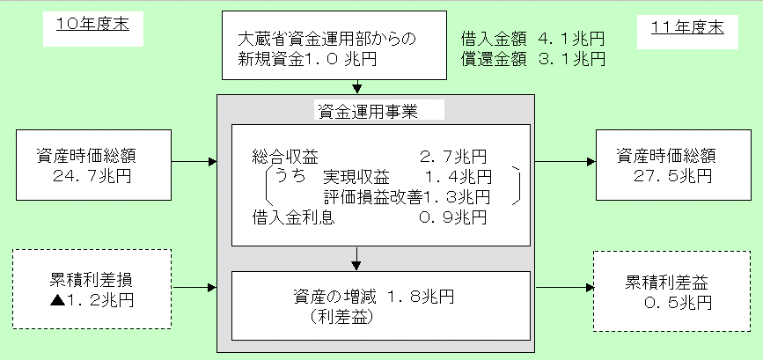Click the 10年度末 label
[86, 24]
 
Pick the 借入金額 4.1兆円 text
[532, 40]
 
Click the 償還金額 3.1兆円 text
[532, 60]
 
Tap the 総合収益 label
[279, 157]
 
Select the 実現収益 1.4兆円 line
[404, 176]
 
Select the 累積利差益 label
[667, 283]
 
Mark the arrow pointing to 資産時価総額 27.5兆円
[563, 162]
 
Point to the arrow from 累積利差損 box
[194, 287]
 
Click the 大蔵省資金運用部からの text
[326, 40]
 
